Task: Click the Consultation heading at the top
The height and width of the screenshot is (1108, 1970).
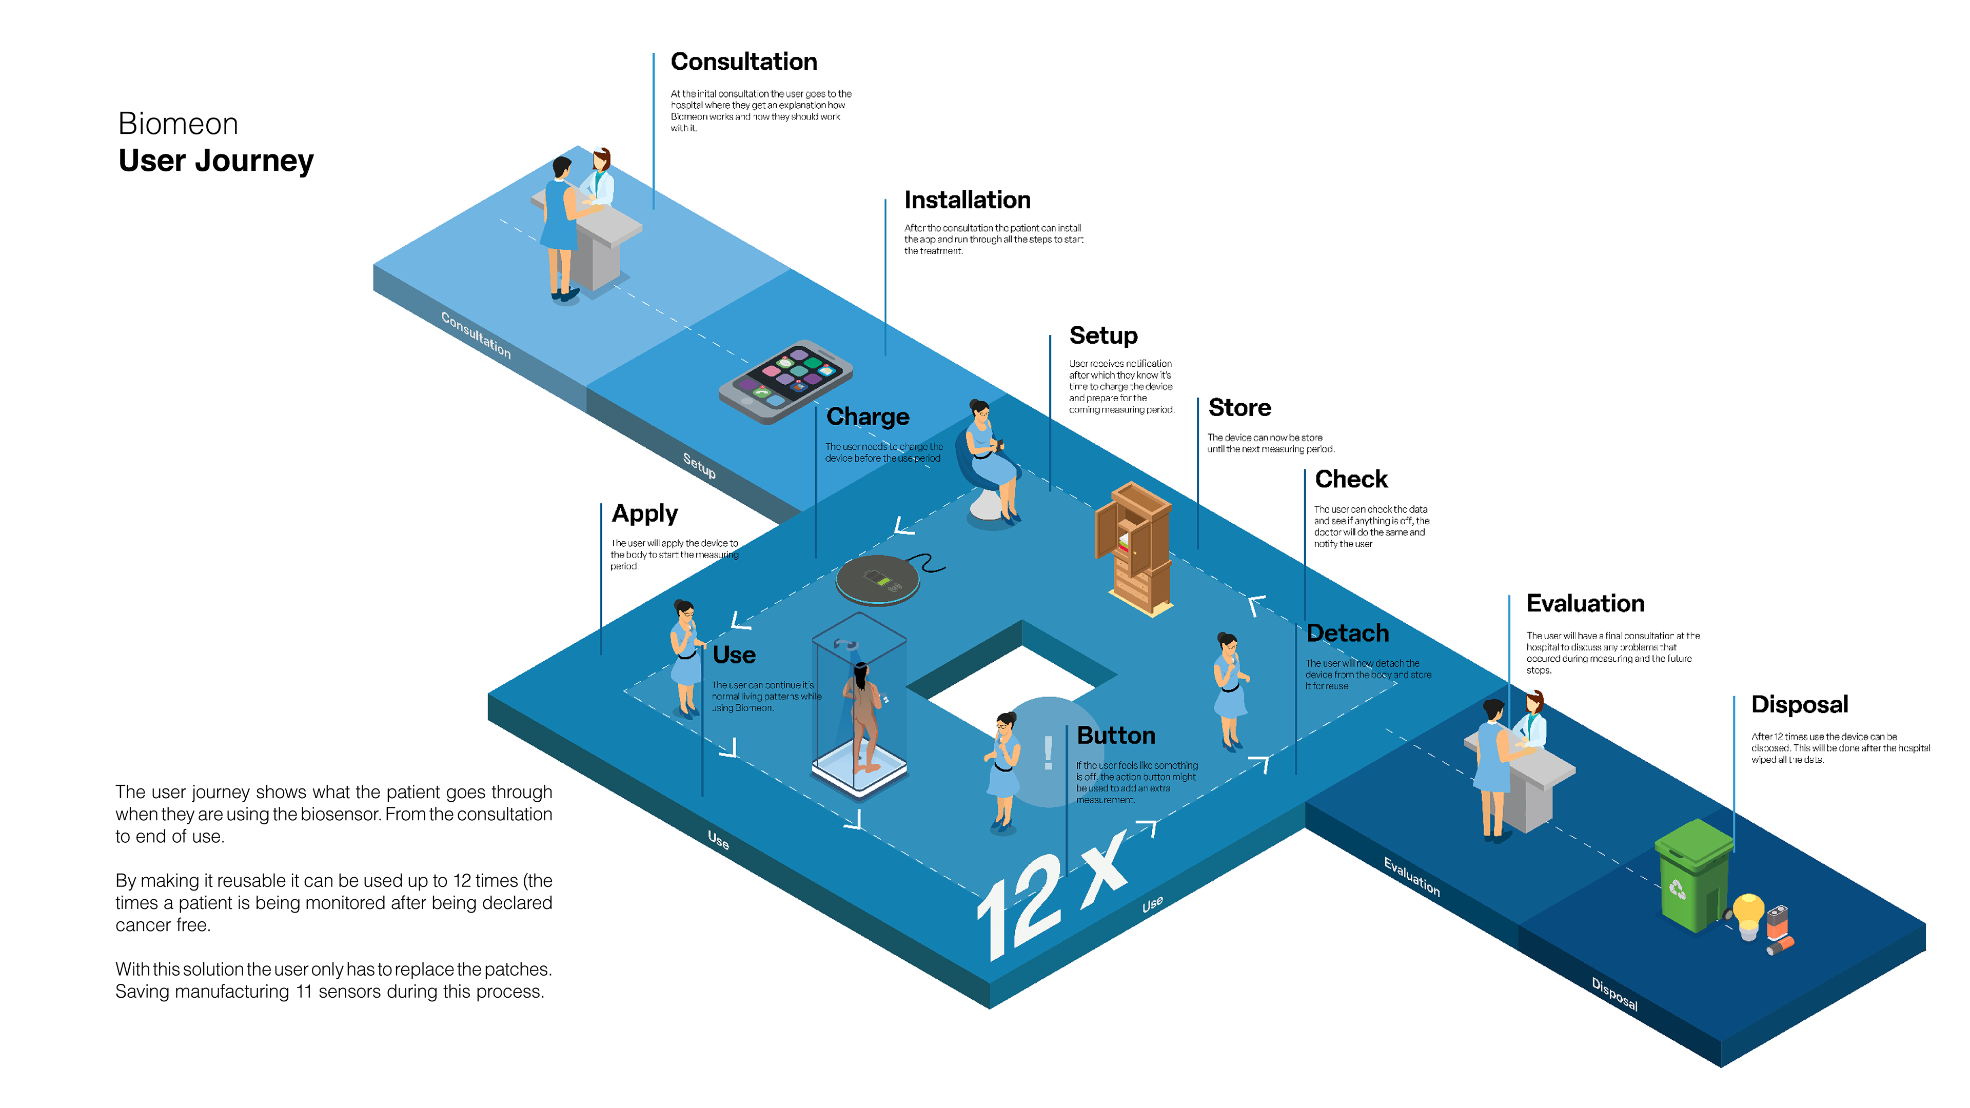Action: coord(743,61)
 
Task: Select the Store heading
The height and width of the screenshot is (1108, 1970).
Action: coord(1239,408)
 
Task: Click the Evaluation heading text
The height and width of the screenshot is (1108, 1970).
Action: coord(1585,603)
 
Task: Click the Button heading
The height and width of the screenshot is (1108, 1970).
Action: coord(1116,736)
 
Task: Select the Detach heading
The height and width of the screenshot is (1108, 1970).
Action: coord(1348,633)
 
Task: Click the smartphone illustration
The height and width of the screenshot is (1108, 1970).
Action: coord(785,381)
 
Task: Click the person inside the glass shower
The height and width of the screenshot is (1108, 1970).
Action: coord(862,715)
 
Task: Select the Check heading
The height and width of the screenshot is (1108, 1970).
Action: coord(1351,480)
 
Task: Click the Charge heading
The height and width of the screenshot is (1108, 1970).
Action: coord(867,417)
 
